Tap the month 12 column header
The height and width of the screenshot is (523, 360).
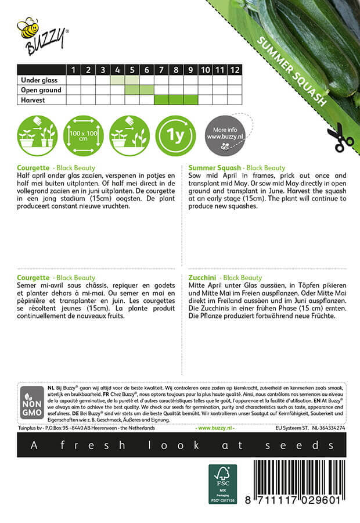coord(234,70)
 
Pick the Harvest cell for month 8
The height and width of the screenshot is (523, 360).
coord(176,100)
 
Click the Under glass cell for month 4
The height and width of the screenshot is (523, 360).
coord(117,80)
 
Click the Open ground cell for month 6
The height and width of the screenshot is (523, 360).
coord(146,90)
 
